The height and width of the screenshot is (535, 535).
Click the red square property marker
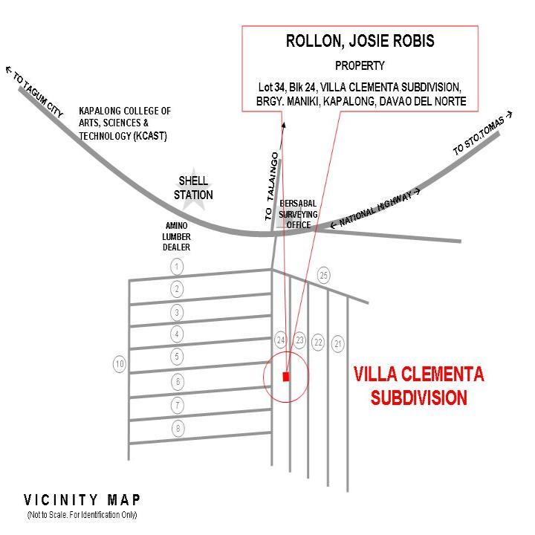[x=286, y=377]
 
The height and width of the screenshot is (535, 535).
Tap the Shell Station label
[x=193, y=188]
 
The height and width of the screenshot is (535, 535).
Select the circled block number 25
[x=323, y=275]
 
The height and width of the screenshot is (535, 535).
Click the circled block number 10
[x=120, y=363]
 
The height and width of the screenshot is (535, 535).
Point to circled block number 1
[x=177, y=267]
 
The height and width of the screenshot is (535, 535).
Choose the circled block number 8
[x=178, y=428]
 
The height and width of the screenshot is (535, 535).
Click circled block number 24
[x=281, y=340]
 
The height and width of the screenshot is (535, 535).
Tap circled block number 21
[x=338, y=343]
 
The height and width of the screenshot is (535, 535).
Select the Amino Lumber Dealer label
[x=176, y=236]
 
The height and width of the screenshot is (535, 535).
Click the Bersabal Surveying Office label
[x=298, y=214]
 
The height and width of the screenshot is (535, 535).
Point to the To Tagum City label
[x=35, y=91]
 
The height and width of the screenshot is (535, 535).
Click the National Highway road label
[x=375, y=208]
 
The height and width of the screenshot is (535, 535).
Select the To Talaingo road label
[x=272, y=187]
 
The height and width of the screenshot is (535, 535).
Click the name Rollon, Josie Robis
[x=360, y=41]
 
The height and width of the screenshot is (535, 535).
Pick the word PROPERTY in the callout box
[x=360, y=65]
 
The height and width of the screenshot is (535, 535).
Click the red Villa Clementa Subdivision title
[x=418, y=386]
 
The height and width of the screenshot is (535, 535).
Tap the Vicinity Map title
[x=82, y=500]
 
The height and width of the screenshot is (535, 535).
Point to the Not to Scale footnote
[x=82, y=515]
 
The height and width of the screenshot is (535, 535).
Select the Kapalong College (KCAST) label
[x=125, y=123]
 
